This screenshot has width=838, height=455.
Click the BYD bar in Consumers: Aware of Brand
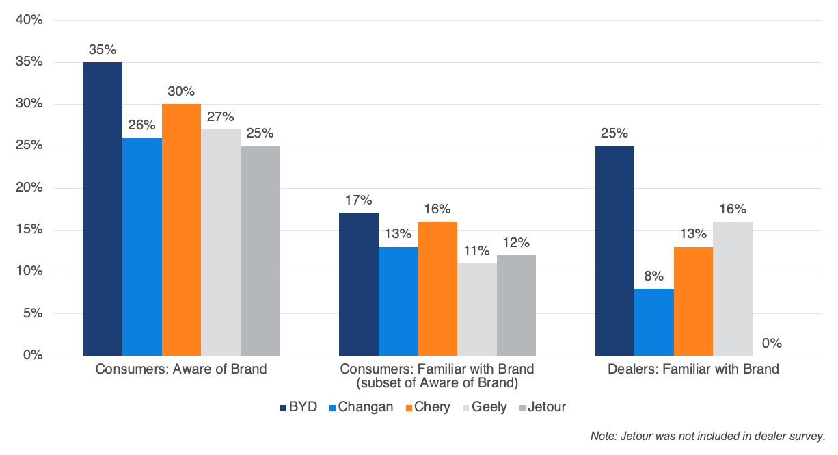pyautogui.click(x=103, y=209)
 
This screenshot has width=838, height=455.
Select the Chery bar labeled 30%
pyautogui.click(x=181, y=230)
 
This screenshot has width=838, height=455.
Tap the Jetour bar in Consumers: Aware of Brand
pyautogui.click(x=260, y=250)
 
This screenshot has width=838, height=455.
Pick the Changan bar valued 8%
pyautogui.click(x=654, y=322)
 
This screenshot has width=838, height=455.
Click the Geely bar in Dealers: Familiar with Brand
pyautogui.click(x=733, y=288)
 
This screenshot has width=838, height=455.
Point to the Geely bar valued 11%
pyautogui.click(x=477, y=309)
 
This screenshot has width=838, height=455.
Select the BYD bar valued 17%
pyautogui.click(x=359, y=284)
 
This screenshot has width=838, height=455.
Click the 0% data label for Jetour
pyautogui.click(x=772, y=343)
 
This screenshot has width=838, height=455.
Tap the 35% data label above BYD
pyautogui.click(x=103, y=50)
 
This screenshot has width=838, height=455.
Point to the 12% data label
pyautogui.click(x=516, y=243)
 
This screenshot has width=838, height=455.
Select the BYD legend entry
pyautogui.click(x=299, y=407)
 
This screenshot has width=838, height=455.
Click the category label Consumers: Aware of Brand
pyautogui.click(x=181, y=369)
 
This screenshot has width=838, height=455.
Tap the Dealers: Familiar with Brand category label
pyautogui.click(x=694, y=369)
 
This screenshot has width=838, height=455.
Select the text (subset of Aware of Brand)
pyautogui.click(x=437, y=382)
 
